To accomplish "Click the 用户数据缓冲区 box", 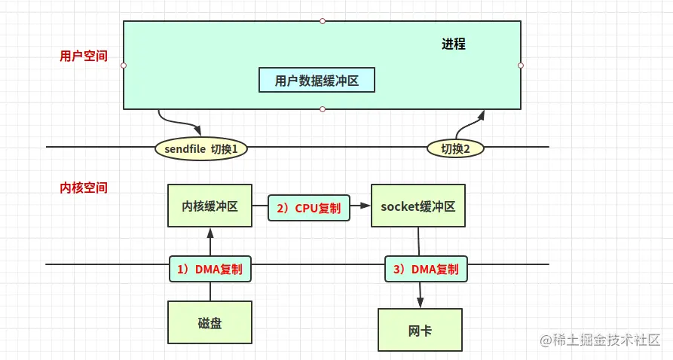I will [x=317, y=81].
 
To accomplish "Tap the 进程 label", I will [x=454, y=44].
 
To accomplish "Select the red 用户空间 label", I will [x=84, y=56].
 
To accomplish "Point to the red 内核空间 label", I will [x=84, y=188].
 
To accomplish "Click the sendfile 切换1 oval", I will [x=202, y=149].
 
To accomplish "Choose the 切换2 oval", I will [x=456, y=149].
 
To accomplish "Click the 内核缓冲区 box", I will [x=210, y=206].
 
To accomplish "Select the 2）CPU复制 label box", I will [x=309, y=208].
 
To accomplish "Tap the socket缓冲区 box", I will [x=418, y=206].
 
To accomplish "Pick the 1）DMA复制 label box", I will [x=210, y=269].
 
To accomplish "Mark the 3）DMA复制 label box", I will [x=426, y=269].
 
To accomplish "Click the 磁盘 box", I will [x=210, y=323].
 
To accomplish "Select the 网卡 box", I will [x=420, y=329].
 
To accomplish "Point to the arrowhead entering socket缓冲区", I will [x=366, y=205].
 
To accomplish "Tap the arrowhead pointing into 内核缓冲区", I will [x=210, y=233].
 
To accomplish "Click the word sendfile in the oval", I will [x=185, y=149].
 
